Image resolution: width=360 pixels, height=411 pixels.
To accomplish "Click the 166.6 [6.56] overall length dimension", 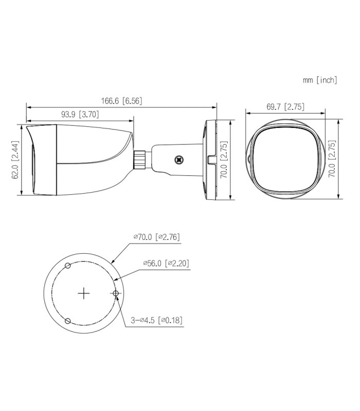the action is coord(121,101).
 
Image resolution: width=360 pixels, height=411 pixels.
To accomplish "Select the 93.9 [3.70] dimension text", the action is coord(80,114).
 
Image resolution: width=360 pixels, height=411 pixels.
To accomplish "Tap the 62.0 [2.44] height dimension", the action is coord(15,160).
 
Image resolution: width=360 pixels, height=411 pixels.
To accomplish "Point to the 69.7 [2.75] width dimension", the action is coord(285,107).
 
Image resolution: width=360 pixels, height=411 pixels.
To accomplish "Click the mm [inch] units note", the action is coord(320,80).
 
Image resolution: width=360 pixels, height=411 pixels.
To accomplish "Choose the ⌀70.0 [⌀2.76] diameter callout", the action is coord(157,237).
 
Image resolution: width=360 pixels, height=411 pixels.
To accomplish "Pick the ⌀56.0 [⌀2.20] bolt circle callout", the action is coord(166,263).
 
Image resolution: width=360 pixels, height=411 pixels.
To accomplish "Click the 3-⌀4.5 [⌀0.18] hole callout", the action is coord(157,320).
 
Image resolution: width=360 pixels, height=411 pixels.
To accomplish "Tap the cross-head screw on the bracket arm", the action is coord(179,160).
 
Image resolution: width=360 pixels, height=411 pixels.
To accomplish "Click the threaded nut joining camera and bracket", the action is coord(139,160).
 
